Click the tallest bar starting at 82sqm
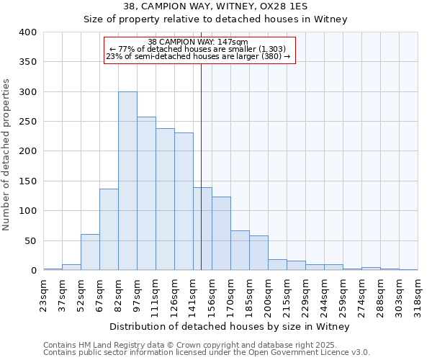pos(127,181)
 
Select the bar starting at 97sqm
pos(146,194)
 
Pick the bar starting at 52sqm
pos(90,252)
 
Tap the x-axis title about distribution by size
pos(230,327)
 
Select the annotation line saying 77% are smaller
pos(199,49)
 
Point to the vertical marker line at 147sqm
pos(201,166)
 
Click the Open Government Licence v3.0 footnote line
pos(207,353)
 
